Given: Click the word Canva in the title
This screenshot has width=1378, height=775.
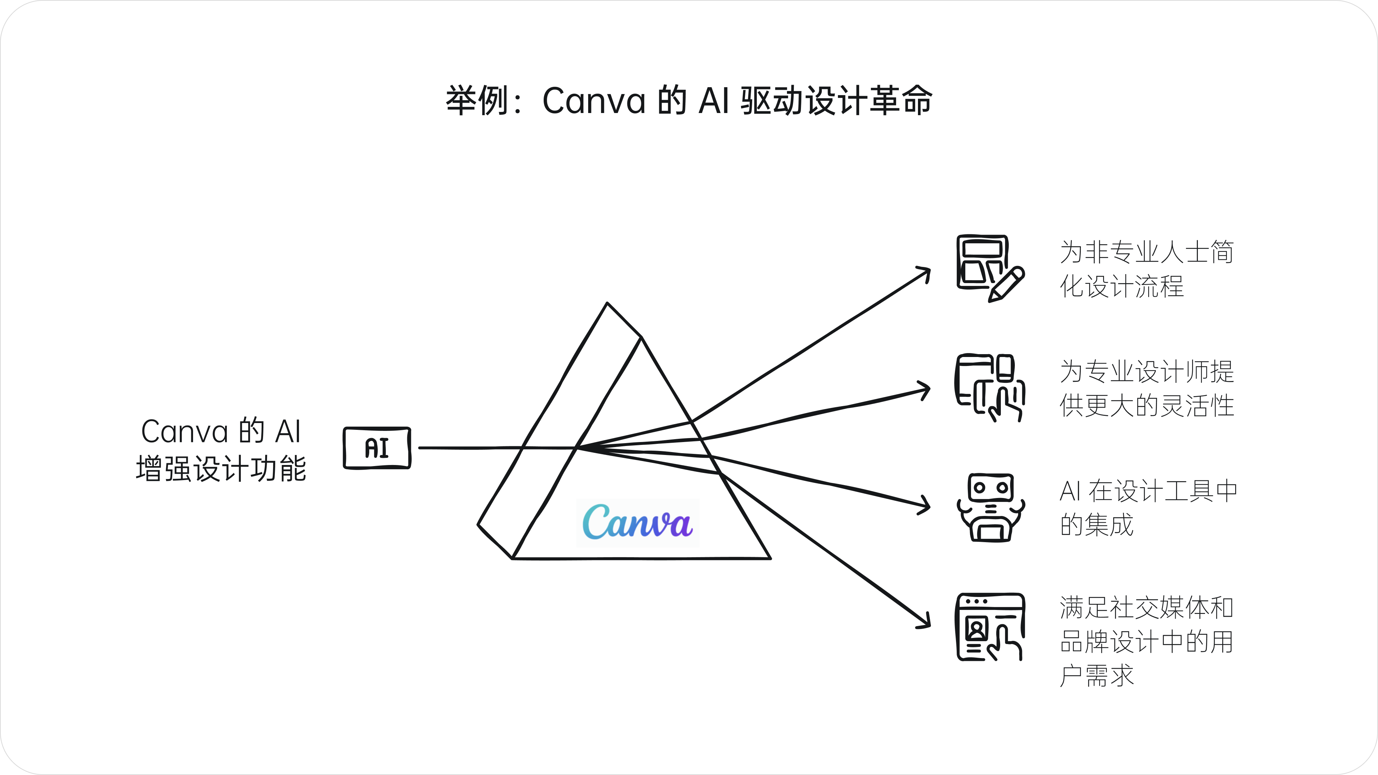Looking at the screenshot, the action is click(594, 100).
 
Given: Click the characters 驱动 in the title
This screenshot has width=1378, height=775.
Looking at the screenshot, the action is click(772, 100).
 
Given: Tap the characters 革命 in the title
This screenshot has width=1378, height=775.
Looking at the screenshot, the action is click(901, 100).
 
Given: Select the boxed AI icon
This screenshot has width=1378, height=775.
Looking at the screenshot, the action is click(377, 448).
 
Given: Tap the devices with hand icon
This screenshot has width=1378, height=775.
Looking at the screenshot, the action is click(990, 388).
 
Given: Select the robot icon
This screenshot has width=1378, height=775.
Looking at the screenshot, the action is click(991, 507).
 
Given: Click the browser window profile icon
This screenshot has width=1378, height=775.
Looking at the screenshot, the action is click(990, 627).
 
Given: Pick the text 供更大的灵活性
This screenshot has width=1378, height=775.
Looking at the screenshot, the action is click(1147, 405).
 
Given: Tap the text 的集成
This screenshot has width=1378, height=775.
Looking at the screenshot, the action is click(1097, 525).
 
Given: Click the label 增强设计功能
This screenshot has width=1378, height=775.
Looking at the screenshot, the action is click(221, 469).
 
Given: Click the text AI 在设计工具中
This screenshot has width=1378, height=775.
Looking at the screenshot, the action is click(1148, 491).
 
